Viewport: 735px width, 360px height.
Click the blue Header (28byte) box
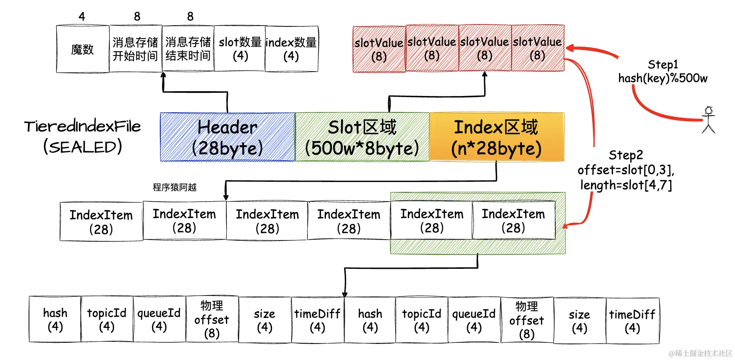(228, 137)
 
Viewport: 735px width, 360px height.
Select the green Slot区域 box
(362, 137)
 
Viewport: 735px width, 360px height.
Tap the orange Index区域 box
(496, 137)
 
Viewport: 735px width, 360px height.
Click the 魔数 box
(82, 49)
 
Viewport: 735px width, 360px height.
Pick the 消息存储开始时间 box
(135, 49)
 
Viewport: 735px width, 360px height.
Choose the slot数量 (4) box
(240, 49)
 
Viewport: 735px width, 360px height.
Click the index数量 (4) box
(291, 49)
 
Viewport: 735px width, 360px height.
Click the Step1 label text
(663, 65)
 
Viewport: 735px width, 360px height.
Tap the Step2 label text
(626, 155)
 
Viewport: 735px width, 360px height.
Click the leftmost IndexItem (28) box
(101, 222)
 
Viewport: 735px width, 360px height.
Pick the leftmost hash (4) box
(55, 319)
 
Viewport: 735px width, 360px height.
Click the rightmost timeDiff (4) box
(632, 321)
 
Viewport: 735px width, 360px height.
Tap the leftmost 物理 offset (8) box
(212, 319)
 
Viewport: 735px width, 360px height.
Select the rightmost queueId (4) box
(474, 320)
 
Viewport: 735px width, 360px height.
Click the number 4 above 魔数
(82, 16)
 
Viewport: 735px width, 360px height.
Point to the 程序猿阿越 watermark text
(175, 187)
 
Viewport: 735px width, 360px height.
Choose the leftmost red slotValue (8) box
(379, 49)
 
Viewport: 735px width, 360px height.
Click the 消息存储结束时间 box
(188, 49)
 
